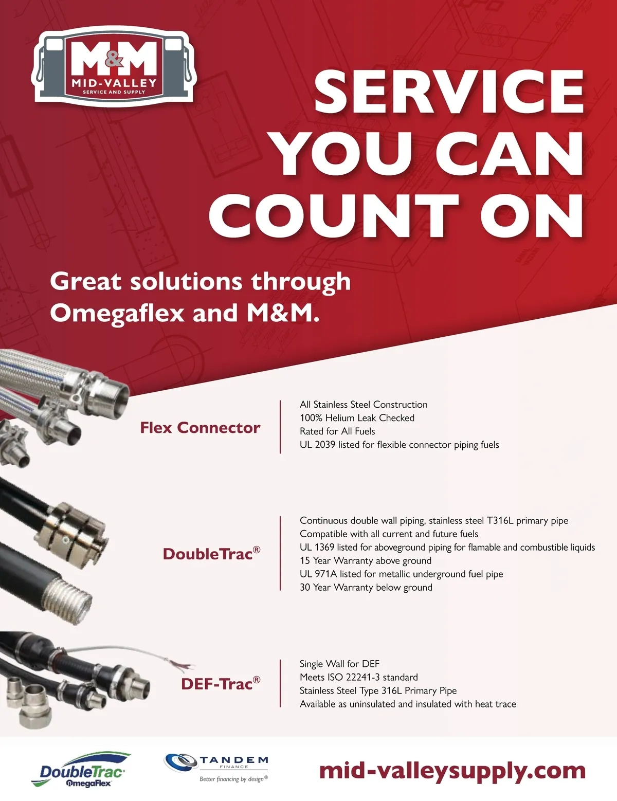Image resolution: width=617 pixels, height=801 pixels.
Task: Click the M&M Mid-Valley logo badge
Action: (x=114, y=66)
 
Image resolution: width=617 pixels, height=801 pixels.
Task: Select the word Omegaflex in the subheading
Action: (x=117, y=313)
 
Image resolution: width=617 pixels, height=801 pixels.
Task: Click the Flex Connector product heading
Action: (x=200, y=428)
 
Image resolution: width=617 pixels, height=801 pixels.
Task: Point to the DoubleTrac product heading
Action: (x=211, y=554)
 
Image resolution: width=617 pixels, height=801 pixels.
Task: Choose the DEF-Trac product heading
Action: (x=221, y=684)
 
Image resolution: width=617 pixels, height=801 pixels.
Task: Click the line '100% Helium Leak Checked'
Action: (x=357, y=417)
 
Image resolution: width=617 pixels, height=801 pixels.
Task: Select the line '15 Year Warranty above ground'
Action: (x=365, y=560)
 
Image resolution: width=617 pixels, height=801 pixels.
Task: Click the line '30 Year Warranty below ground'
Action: (x=366, y=587)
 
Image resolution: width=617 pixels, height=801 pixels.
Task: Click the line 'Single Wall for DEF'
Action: (x=339, y=664)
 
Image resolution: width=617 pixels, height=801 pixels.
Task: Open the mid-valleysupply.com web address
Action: (x=452, y=772)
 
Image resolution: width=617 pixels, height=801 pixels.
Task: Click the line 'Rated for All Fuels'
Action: (x=337, y=431)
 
